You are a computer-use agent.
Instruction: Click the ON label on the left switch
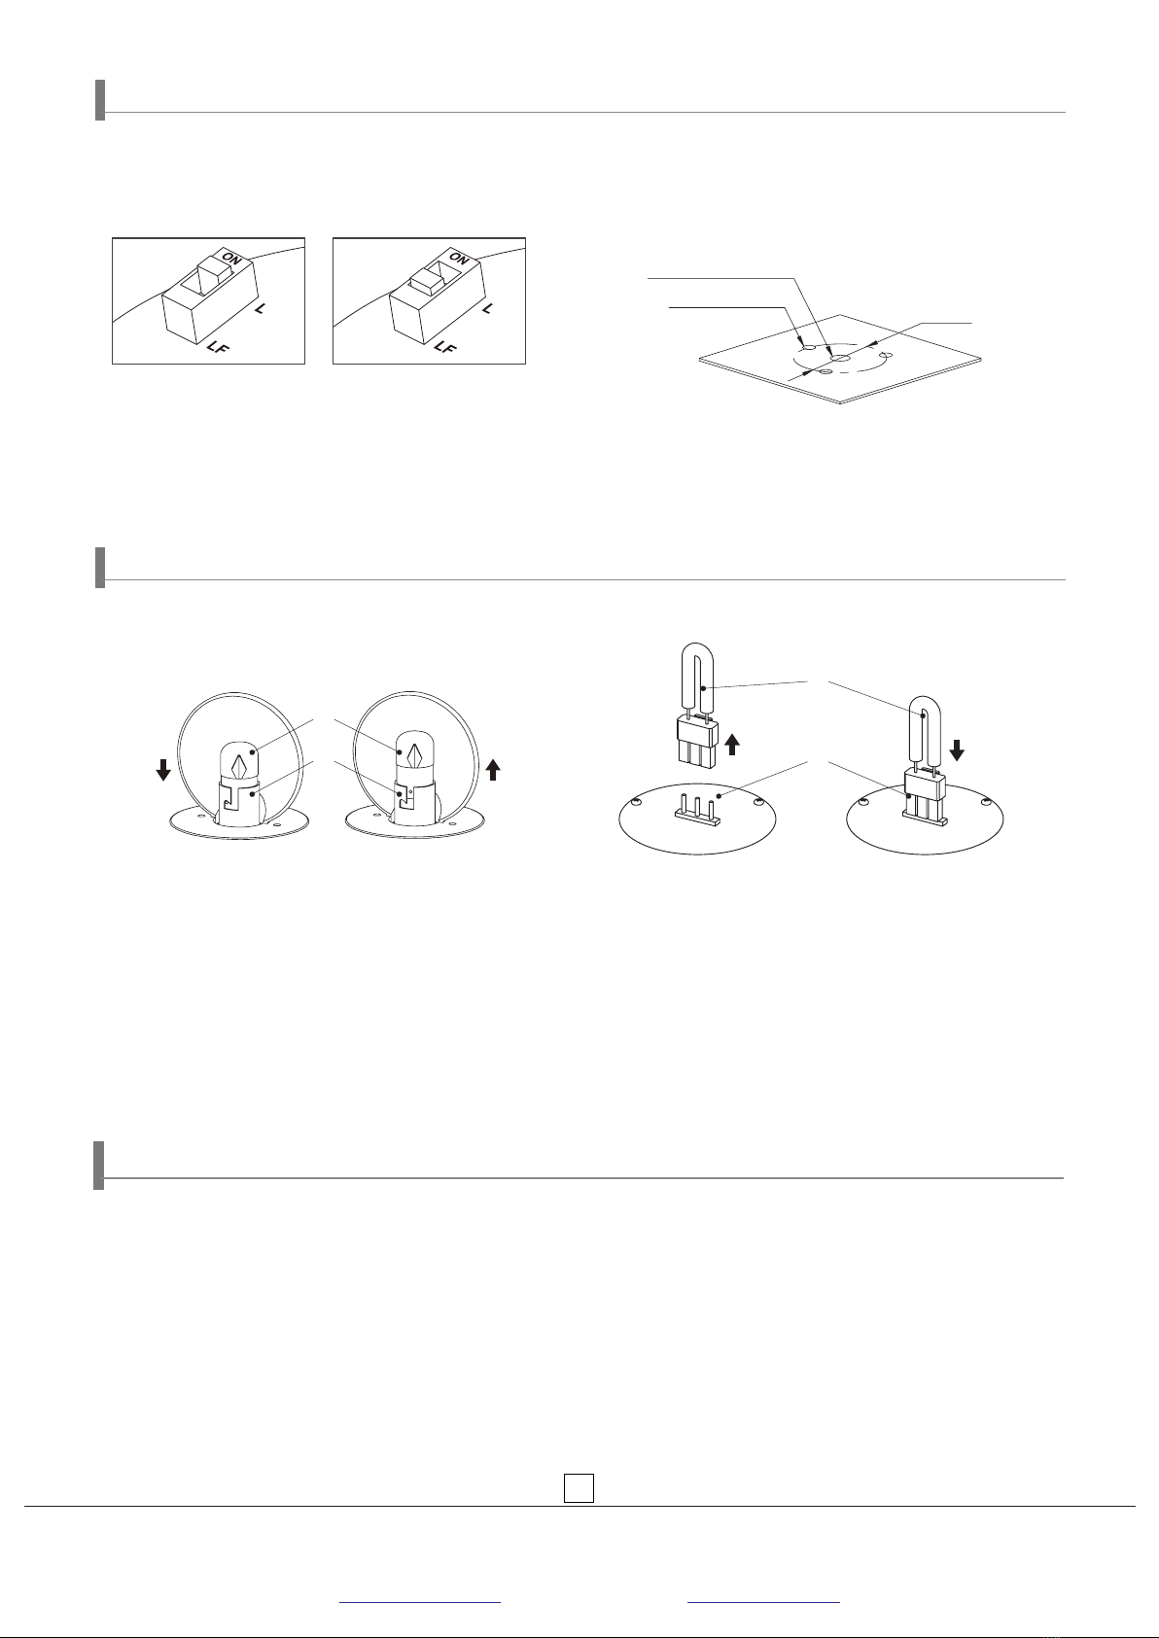click(x=231, y=259)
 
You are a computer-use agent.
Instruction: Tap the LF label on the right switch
click(x=443, y=347)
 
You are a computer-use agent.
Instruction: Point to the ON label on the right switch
click(x=459, y=258)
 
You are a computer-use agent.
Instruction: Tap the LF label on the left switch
click(x=218, y=347)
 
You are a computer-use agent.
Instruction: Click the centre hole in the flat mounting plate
click(x=839, y=358)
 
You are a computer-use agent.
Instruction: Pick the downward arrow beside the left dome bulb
click(x=163, y=770)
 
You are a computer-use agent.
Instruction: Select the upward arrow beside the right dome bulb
click(x=494, y=769)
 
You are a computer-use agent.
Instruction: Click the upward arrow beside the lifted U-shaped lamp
click(x=732, y=745)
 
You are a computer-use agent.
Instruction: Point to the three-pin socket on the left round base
click(x=697, y=809)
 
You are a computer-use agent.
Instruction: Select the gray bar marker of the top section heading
click(x=100, y=100)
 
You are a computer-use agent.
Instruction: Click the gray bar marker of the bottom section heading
click(x=99, y=1166)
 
